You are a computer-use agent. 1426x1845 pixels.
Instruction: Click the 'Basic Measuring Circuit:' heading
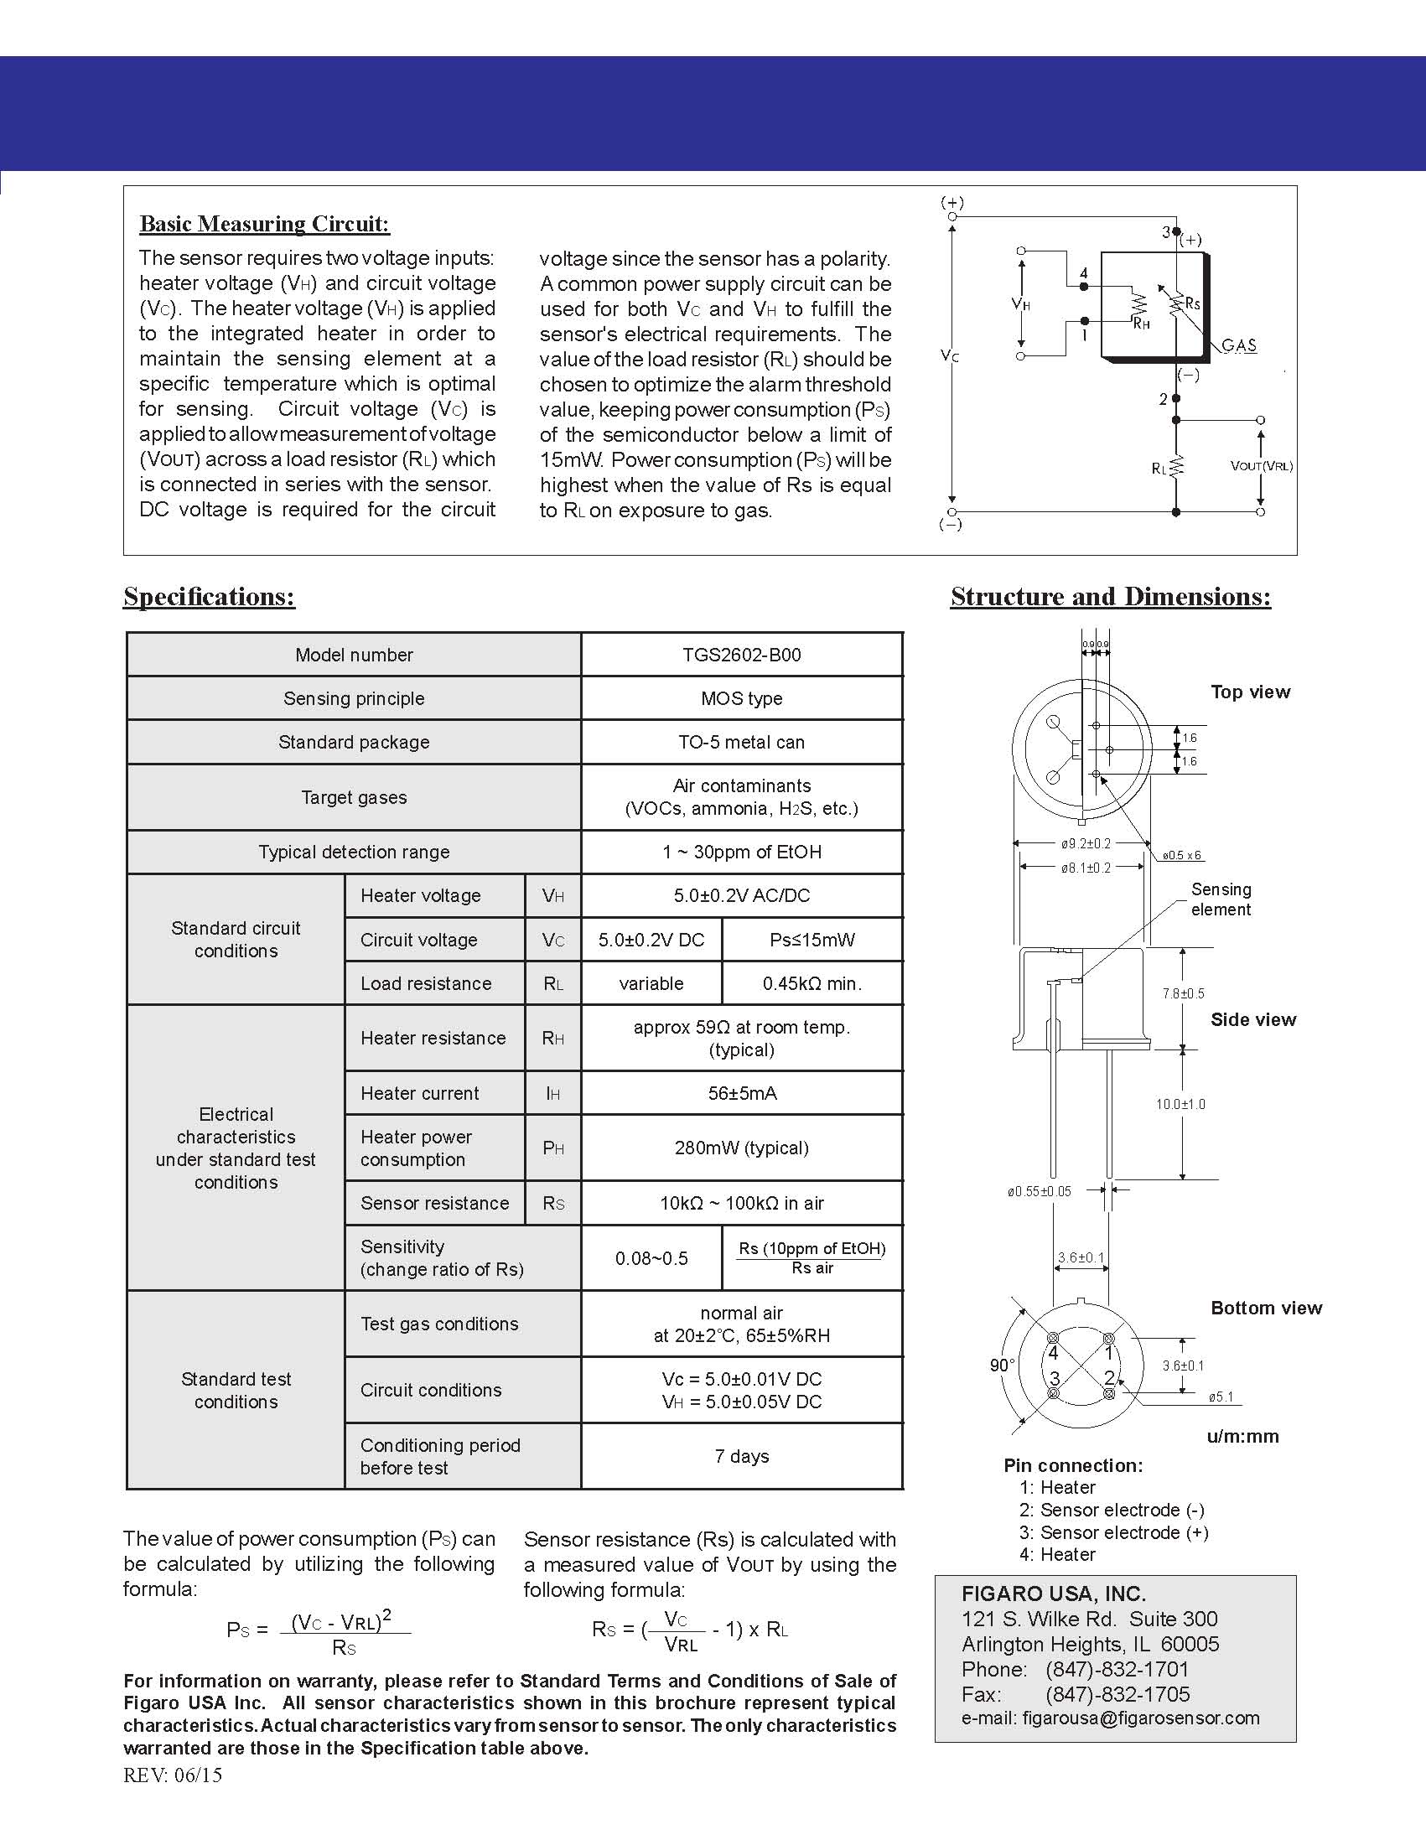(264, 224)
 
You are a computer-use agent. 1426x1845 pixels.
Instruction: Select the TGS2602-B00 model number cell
(742, 655)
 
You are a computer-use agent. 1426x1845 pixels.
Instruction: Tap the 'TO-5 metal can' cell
(742, 742)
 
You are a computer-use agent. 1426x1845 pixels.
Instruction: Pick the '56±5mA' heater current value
(742, 1093)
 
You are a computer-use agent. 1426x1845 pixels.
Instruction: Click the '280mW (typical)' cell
(742, 1148)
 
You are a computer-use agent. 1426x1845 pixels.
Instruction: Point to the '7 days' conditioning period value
(742, 1455)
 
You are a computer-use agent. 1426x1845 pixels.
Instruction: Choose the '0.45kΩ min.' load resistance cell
(812, 983)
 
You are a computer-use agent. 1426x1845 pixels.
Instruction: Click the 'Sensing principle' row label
(354, 698)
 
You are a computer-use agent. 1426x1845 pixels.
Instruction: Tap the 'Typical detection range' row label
(354, 852)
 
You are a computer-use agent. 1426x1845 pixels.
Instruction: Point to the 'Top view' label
(1250, 692)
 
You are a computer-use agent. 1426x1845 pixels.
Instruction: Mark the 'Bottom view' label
(1266, 1308)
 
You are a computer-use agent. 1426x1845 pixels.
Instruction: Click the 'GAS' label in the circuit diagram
(1239, 345)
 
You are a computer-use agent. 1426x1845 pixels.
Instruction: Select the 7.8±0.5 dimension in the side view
(1183, 993)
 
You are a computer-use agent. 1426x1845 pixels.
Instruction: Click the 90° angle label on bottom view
(1002, 1366)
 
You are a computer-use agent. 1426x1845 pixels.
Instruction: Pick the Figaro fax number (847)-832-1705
(1117, 1694)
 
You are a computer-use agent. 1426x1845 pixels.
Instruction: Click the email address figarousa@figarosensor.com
(1140, 1718)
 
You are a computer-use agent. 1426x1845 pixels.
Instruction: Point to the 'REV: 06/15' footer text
(174, 1775)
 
